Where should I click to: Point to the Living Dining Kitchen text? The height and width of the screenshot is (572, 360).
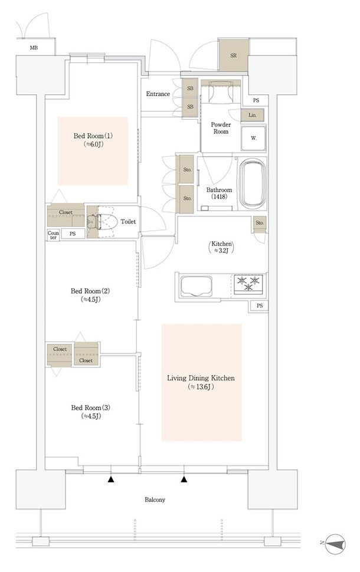[201, 378]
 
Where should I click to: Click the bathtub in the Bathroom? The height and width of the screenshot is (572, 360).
[252, 183]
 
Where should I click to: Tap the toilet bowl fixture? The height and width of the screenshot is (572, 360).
[106, 222]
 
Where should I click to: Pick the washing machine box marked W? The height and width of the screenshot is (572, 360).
[253, 138]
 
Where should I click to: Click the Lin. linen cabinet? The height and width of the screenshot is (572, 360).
[252, 115]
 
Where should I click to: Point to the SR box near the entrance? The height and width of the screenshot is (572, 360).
[234, 55]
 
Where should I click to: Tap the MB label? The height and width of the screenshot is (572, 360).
[34, 48]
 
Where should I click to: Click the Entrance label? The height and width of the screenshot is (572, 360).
[158, 94]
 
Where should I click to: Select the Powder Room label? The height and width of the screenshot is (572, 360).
[221, 128]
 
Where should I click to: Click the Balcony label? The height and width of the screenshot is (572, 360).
[155, 500]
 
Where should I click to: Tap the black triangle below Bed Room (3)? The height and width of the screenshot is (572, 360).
[110, 479]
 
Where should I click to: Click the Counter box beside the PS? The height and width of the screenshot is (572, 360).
[53, 235]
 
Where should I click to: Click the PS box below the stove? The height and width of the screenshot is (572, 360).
[259, 305]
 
